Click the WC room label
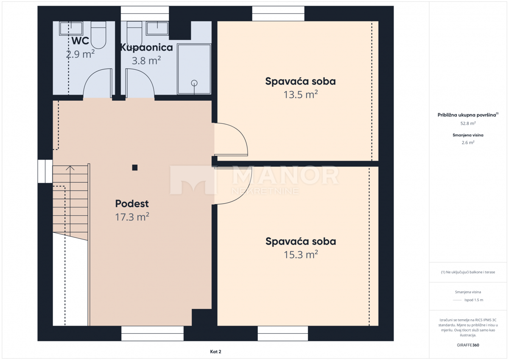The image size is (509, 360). pos(80,41)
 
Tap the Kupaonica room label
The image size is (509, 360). pos(147,47)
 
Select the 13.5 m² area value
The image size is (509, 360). pos(301,95)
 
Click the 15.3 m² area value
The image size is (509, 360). pos(301,255)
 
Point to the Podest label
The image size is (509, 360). pos(132,204)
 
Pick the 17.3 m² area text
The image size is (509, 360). pos(132,218)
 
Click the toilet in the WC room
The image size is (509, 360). pos(98,34)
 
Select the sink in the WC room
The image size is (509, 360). pos(70,28)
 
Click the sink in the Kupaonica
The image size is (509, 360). pos(158,28)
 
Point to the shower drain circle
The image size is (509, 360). pos(195,83)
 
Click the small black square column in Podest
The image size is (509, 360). pos(135,167)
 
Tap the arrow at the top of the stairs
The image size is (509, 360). pos(70,168)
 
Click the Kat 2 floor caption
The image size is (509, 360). pos(215,352)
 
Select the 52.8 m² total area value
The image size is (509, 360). pos(468,123)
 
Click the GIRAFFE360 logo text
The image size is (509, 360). pos(468,345)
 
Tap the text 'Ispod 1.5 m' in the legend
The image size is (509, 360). pos(473,300)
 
